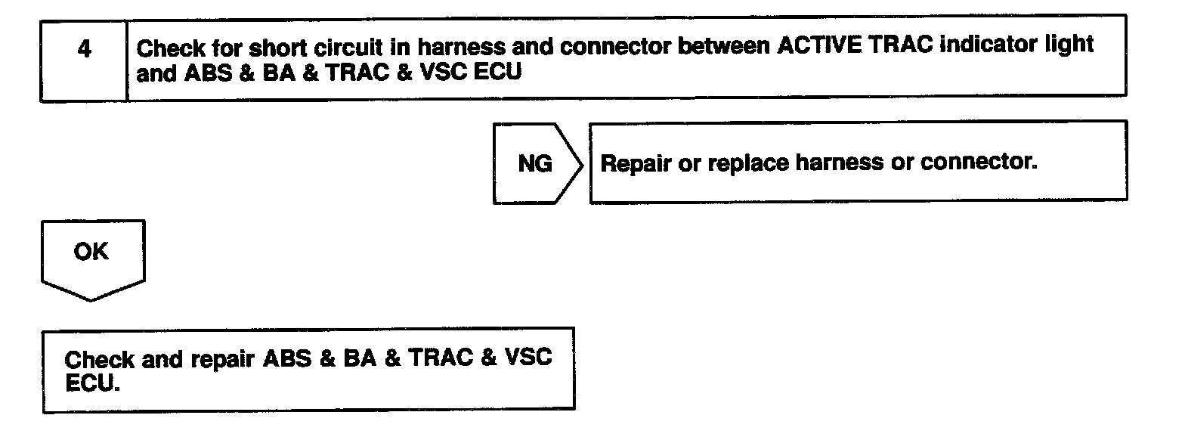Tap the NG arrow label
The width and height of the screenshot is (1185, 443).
point(534,163)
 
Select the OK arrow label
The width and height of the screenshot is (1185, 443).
point(91,252)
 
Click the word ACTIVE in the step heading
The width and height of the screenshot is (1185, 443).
point(816,46)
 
